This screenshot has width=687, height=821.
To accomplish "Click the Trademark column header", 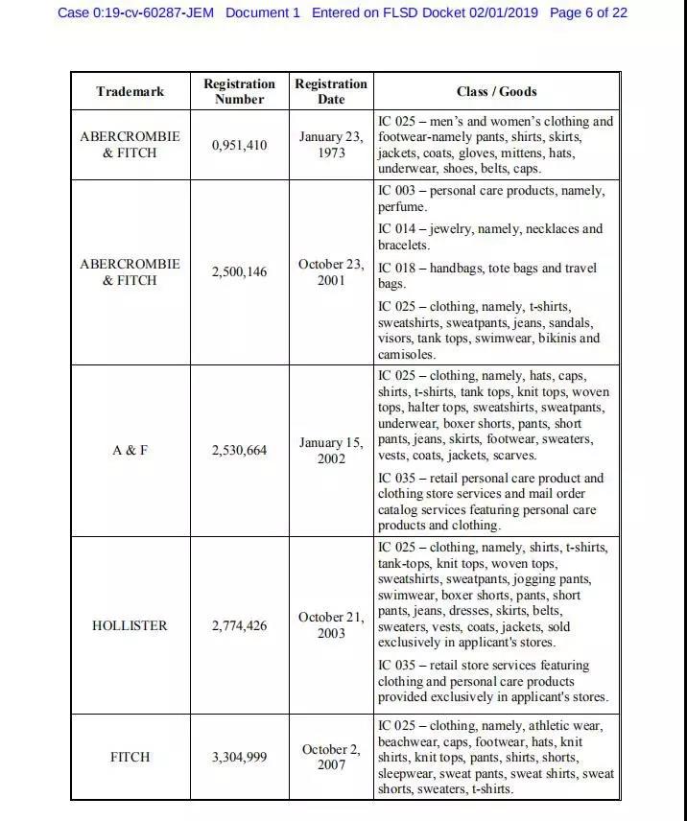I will pyautogui.click(x=130, y=92).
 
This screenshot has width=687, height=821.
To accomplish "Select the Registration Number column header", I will pyautogui.click(x=239, y=92).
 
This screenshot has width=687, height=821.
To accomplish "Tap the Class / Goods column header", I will pyautogui.click(x=496, y=92).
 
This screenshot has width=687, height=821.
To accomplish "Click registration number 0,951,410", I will pyautogui.click(x=239, y=146).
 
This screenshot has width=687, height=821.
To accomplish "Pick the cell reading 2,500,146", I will pyautogui.click(x=239, y=272).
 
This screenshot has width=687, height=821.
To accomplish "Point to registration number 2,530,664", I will pyautogui.click(x=239, y=450).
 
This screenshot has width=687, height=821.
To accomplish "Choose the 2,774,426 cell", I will pyautogui.click(x=239, y=625).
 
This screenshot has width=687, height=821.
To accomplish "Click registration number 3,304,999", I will pyautogui.click(x=239, y=757).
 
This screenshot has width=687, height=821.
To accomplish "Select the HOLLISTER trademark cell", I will pyautogui.click(x=130, y=625).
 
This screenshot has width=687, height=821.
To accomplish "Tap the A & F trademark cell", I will pyautogui.click(x=130, y=450).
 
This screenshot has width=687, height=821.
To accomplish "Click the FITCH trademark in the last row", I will pyautogui.click(x=130, y=757).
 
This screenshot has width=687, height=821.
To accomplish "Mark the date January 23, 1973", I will pyautogui.click(x=331, y=145).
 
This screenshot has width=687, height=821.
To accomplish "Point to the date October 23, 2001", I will pyautogui.click(x=331, y=272).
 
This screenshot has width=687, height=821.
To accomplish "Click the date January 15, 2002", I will pyautogui.click(x=331, y=451).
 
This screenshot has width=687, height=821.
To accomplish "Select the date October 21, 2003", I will pyautogui.click(x=331, y=625).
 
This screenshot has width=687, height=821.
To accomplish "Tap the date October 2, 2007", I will pyautogui.click(x=331, y=757).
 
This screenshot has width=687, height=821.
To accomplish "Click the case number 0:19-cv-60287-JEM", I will pyautogui.click(x=135, y=12).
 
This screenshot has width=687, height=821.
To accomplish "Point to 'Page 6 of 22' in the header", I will pyautogui.click(x=587, y=12).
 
